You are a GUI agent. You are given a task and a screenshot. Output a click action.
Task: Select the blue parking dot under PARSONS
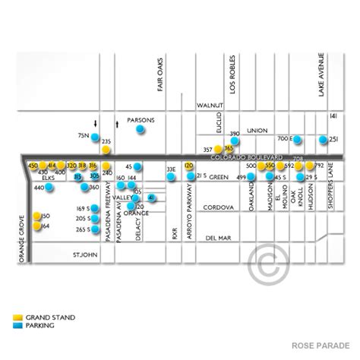click(140, 131)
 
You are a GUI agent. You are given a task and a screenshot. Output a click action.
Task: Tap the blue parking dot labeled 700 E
click(298, 139)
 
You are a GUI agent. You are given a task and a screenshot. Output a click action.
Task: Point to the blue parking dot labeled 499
click(251, 177)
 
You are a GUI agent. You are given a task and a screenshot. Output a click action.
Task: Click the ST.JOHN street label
click(84, 254)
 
